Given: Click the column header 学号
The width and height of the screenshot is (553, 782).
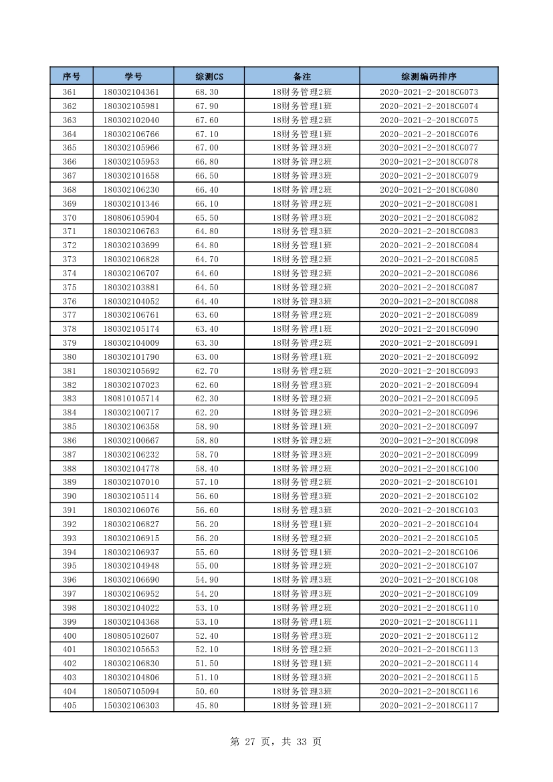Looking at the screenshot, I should pos(133,76).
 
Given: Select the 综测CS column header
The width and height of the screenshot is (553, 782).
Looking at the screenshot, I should pos(209,76).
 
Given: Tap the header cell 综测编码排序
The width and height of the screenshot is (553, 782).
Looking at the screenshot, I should pos(429,76).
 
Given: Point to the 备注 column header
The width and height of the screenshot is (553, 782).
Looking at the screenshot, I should pos(302,76).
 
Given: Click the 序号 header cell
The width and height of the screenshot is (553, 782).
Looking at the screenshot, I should pos(72,76).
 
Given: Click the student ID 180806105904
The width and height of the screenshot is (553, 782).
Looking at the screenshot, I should pos(131,217).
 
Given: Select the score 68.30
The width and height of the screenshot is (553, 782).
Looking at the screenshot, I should pos(207,92).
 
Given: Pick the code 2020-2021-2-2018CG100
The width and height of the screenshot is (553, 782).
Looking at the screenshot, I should pos(429,468).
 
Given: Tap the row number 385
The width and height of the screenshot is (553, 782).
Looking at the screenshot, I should pos(70,426).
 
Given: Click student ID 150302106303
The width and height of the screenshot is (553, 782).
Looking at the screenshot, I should pos(131,705).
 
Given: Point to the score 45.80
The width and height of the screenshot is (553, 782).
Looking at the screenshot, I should pos(207,705).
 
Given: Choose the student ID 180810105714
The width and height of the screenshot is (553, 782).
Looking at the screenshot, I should pos(131,399).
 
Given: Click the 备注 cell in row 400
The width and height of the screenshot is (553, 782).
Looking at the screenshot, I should pos(302,636).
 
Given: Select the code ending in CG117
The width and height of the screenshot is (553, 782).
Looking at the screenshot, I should pos(429,705).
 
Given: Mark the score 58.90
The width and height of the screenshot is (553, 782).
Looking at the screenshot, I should pos(207,426).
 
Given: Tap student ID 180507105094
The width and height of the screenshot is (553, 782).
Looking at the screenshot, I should pos(131,691).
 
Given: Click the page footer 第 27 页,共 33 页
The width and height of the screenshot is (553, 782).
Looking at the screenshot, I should pos(275,741).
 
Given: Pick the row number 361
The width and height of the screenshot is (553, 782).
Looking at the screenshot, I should pos(70,92).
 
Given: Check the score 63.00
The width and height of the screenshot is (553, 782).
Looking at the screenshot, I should pos(207,357).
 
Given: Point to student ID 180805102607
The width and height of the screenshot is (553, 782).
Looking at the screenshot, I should pos(131,636).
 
